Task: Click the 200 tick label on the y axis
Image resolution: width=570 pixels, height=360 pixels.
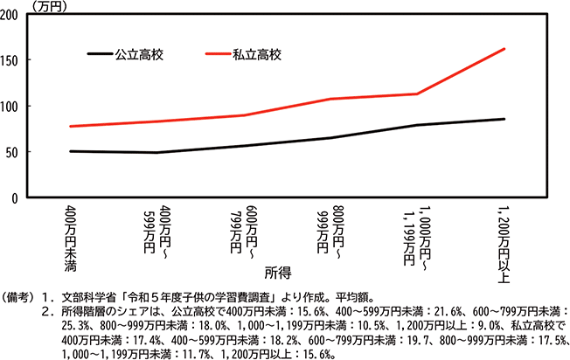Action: coord(12,15)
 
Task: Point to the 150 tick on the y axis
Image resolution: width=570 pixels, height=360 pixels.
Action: coord(12,60)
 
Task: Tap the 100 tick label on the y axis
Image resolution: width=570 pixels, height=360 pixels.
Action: coord(12,107)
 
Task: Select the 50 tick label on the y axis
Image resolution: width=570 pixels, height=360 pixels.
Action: coord(15,152)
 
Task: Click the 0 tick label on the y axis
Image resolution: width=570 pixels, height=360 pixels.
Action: coord(18,198)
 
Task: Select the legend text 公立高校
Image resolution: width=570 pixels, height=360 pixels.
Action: coord(140,54)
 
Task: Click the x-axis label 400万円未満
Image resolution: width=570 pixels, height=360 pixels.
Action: coord(70,233)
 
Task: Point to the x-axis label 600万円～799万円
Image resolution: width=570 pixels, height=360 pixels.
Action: coord(240,233)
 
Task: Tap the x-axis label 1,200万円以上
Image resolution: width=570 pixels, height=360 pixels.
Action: coord(503,239)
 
